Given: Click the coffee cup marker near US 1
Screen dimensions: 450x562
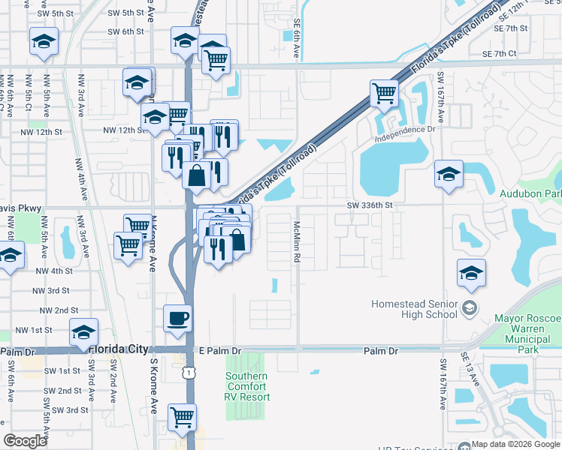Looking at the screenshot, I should pos(177,317).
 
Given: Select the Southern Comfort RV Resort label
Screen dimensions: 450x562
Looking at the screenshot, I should pos(246,386).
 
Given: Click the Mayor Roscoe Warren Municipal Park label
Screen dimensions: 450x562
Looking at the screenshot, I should pos(527,334).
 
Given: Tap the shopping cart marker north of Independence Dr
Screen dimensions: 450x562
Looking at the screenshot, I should pos(384,93).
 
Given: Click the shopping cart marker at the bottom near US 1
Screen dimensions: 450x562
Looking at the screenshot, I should pos(182,416).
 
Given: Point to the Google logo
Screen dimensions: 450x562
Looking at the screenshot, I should pos(26,441).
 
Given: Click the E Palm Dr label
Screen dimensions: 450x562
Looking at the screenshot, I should pos(220,350).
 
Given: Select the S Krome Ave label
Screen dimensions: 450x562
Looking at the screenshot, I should pos(153,385).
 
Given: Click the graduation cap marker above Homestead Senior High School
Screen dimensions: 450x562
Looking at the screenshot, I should pos(471,272).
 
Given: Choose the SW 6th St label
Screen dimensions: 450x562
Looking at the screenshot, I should pos(125,31).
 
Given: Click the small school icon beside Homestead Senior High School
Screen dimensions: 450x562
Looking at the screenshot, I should pos(470,307).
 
